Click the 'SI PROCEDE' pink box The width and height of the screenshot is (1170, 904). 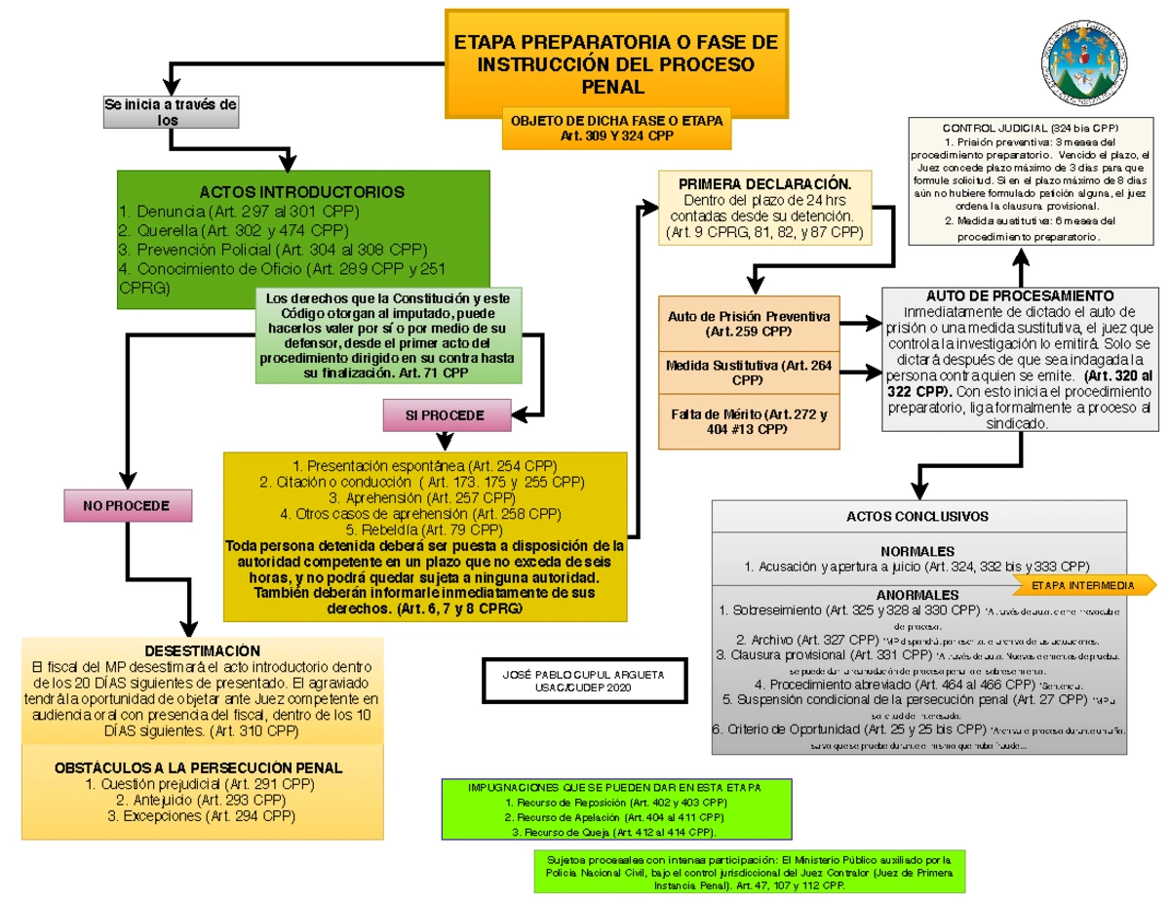point(445,415)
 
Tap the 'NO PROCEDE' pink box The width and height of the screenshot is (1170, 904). point(127,506)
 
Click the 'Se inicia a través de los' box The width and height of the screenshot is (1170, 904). point(170,112)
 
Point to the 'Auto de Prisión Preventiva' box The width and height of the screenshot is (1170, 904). point(748,324)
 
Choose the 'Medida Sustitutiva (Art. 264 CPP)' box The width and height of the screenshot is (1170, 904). point(748,372)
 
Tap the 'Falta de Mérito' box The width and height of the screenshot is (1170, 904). point(748,421)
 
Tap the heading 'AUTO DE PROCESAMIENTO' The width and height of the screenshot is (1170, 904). point(1019,295)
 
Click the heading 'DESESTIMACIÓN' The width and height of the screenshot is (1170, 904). point(203,650)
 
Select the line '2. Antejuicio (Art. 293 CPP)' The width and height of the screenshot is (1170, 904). point(203,801)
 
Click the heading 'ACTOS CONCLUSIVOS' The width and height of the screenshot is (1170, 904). point(917,516)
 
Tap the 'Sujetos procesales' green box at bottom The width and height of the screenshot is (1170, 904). point(749,873)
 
